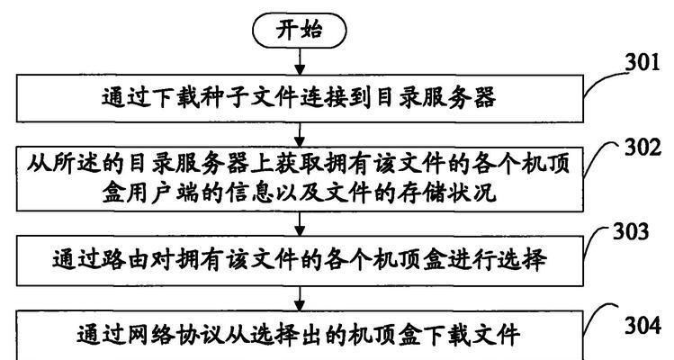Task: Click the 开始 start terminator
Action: pos(300,30)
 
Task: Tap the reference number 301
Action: pos(643,63)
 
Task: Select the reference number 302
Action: pos(643,148)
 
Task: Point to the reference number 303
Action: pos(631,231)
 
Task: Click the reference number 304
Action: pos(643,326)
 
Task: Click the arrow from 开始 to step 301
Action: pos(300,61)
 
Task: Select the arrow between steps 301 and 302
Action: pos(300,135)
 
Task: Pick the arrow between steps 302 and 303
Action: pos(300,223)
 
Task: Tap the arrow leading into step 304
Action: pos(300,299)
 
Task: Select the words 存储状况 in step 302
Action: pos(446,193)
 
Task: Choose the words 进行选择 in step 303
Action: pos(497,260)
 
